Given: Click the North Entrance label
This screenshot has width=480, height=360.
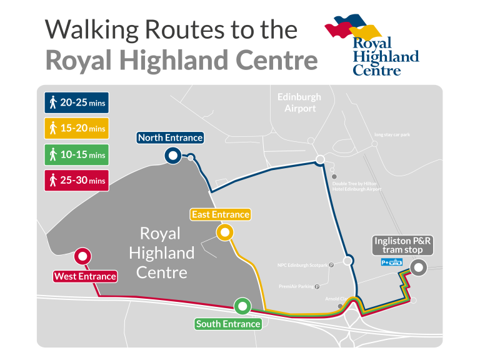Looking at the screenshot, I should pyautogui.click(x=170, y=137).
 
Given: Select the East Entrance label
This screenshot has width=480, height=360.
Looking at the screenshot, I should pyautogui.click(x=220, y=214).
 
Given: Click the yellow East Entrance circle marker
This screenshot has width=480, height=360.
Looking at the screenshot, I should pyautogui.click(x=224, y=233).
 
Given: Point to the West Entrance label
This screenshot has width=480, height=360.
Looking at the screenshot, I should pyautogui.click(x=85, y=276).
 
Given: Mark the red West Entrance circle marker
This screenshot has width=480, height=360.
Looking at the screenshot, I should pyautogui.click(x=82, y=256).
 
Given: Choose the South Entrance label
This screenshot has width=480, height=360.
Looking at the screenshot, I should pyautogui.click(x=227, y=324).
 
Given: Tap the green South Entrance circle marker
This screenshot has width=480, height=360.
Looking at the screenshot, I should pyautogui.click(x=242, y=306).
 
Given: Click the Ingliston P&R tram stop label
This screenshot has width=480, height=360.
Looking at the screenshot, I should pyautogui.click(x=402, y=246).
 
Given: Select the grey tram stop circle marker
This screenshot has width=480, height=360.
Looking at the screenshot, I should pyautogui.click(x=419, y=268).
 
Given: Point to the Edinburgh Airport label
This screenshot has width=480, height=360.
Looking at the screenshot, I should pyautogui.click(x=299, y=102).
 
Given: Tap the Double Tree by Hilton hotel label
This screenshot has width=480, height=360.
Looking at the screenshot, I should pyautogui.click(x=356, y=186).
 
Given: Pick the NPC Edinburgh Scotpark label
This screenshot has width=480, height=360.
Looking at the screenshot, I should pyautogui.click(x=302, y=265).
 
